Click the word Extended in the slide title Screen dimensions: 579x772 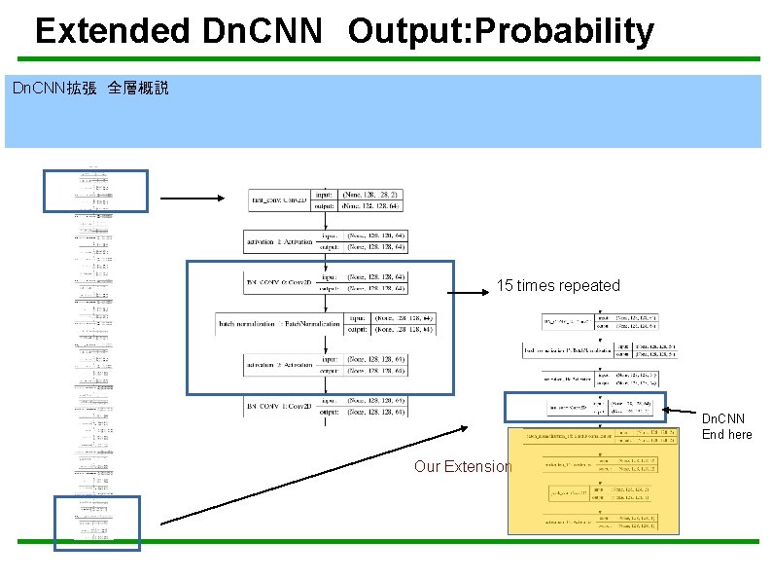point(112,31)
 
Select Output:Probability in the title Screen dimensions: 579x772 point(501,31)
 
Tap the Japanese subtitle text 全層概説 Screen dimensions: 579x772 point(138,89)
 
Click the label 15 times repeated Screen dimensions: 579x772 point(557,285)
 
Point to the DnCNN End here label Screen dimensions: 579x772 point(727,426)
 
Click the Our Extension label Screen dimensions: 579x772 point(462,466)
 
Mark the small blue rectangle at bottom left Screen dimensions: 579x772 point(96,523)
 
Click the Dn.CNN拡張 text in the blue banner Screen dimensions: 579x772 point(53,89)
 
